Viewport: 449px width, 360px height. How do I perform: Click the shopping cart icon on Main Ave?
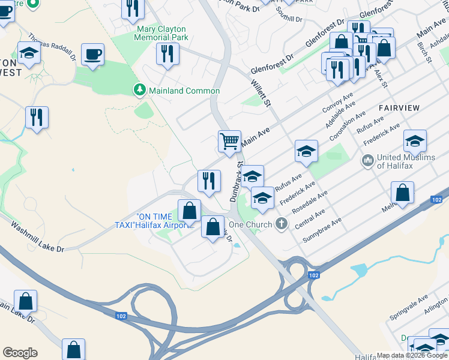(x=229, y=142)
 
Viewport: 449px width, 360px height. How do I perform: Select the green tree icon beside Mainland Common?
(x=139, y=90)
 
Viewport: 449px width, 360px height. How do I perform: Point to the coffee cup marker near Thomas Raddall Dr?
(x=92, y=55)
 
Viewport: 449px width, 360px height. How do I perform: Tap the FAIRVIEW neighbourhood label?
(x=399, y=107)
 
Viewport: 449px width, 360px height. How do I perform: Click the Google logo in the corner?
(x=20, y=353)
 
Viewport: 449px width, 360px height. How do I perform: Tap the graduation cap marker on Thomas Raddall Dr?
(x=29, y=54)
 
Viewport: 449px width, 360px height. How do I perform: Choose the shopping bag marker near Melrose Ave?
(x=402, y=193)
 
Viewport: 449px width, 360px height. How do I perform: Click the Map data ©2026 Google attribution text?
(x=412, y=355)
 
